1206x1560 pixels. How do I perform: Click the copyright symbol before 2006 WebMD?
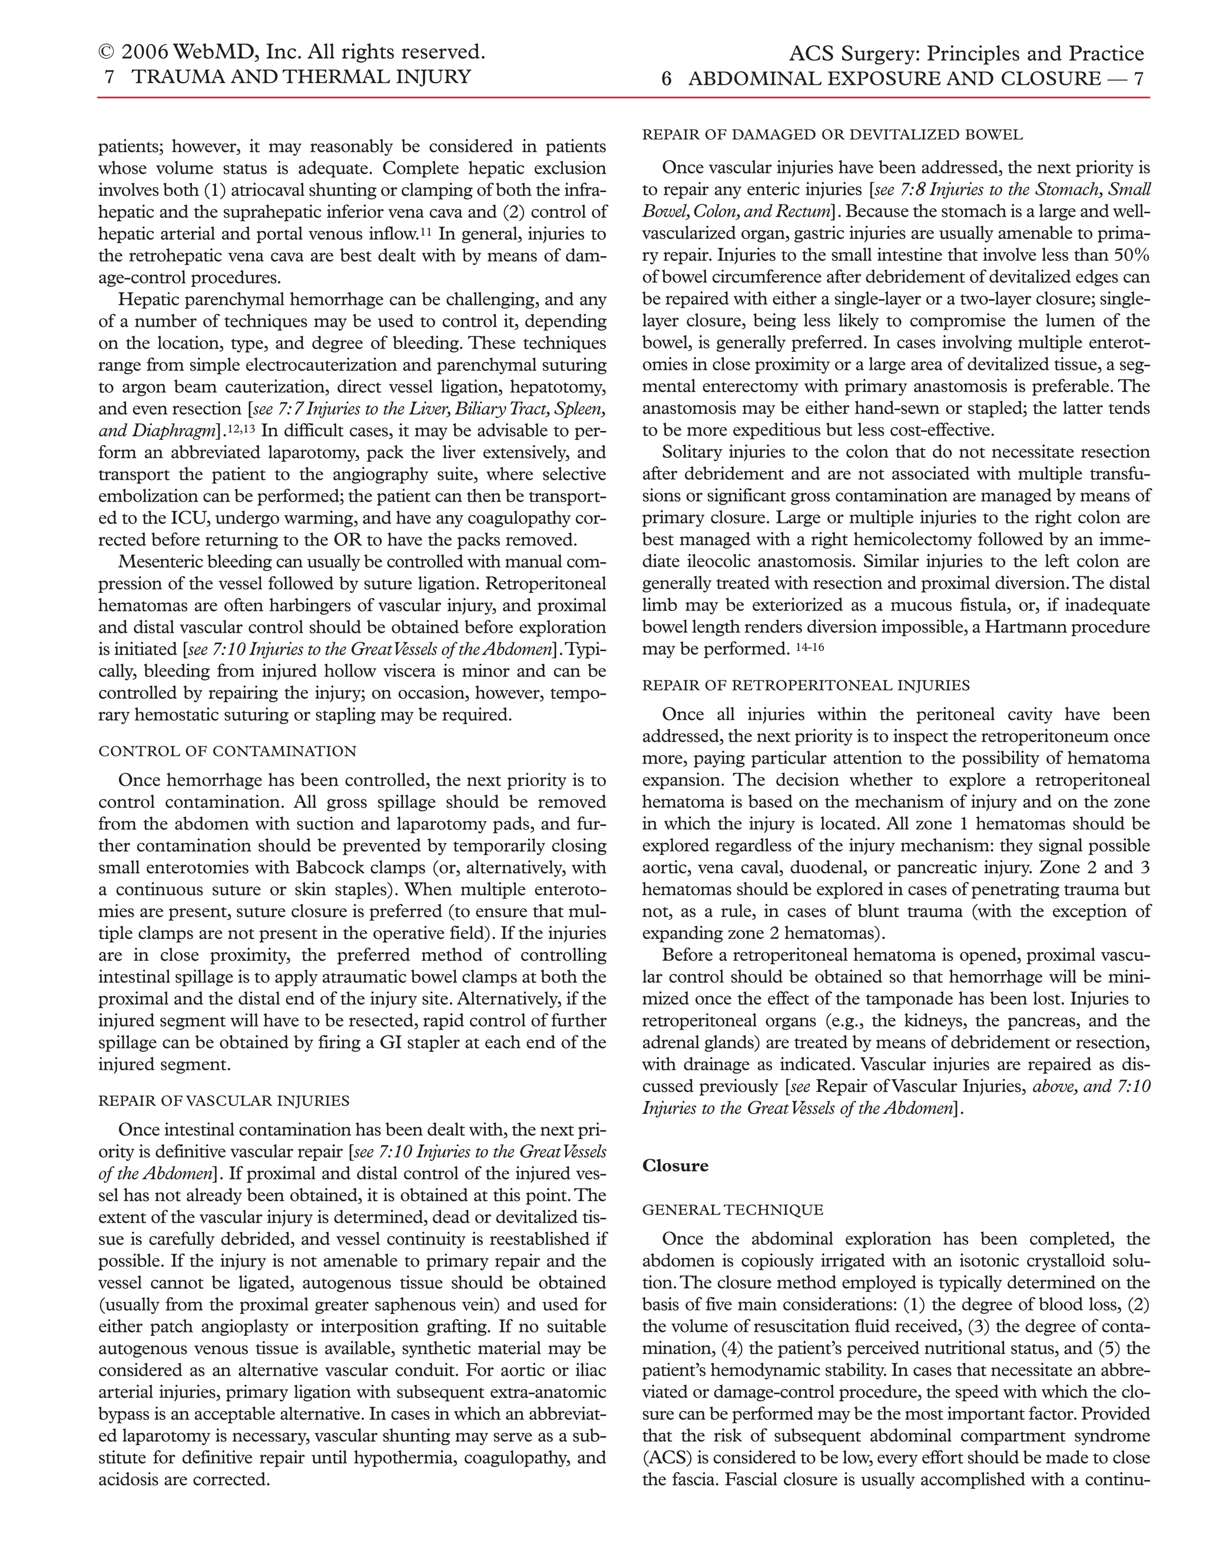click(x=107, y=52)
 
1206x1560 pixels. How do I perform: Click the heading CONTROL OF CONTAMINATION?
click(x=227, y=751)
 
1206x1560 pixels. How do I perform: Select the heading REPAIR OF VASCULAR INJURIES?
click(x=224, y=1100)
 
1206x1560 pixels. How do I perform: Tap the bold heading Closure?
click(x=675, y=1165)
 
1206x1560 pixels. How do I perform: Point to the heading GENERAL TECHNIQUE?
click(x=733, y=1209)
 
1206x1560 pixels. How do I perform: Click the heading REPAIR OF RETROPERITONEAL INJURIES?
click(x=806, y=685)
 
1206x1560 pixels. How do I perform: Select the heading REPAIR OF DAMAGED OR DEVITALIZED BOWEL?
click(x=832, y=134)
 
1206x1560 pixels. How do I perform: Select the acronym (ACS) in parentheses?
click(x=664, y=1458)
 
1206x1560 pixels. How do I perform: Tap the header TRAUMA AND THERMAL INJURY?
click(x=301, y=77)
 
